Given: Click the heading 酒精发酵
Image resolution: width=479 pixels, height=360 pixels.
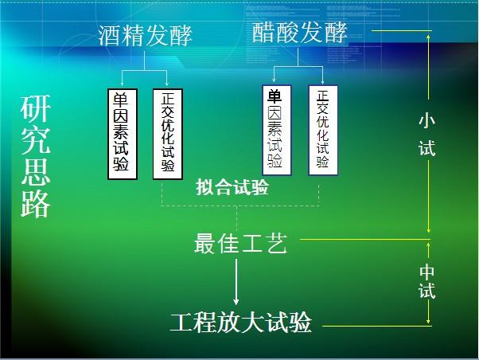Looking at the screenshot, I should pyautogui.click(x=146, y=35).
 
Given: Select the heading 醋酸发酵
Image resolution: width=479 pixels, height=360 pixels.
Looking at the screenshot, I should pyautogui.click(x=300, y=33).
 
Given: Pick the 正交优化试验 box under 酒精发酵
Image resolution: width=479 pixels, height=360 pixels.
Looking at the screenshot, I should pyautogui.click(x=167, y=133).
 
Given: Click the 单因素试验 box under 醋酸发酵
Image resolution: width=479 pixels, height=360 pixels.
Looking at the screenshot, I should pyautogui.click(x=275, y=130).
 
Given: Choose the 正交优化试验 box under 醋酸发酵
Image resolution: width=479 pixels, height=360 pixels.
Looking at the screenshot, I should pyautogui.click(x=323, y=130).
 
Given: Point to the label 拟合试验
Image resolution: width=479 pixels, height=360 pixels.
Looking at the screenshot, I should pyautogui.click(x=232, y=189).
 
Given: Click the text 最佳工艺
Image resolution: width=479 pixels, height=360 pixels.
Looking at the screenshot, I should pyautogui.click(x=240, y=244).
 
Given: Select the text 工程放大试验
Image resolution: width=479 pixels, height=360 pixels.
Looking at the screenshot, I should pyautogui.click(x=240, y=323).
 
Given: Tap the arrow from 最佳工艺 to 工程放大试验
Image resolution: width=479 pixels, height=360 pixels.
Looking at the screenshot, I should pyautogui.click(x=236, y=283).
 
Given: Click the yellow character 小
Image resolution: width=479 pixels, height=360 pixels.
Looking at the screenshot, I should pyautogui.click(x=427, y=120).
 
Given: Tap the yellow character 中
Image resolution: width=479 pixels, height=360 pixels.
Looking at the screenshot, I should pyautogui.click(x=427, y=272).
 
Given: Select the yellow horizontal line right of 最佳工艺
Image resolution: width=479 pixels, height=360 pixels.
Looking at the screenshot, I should pyautogui.click(x=362, y=238).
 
